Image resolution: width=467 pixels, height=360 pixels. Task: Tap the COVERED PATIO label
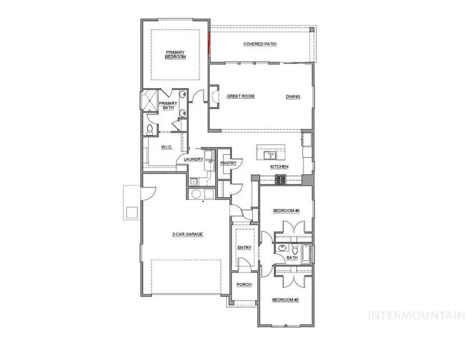pyautogui.click(x=260, y=44)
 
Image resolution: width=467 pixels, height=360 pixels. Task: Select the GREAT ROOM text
pyautogui.click(x=240, y=96)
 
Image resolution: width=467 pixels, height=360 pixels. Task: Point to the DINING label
pyautogui.click(x=293, y=96)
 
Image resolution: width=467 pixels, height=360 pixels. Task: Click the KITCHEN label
pyautogui.click(x=279, y=167)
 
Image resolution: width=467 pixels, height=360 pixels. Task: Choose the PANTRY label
pyautogui.click(x=228, y=163)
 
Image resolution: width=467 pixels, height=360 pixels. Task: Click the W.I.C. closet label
pyautogui.click(x=166, y=147)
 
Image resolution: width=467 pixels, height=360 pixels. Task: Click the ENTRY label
pyautogui.click(x=244, y=248)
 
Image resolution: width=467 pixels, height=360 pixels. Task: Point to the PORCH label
pyautogui.click(x=244, y=285)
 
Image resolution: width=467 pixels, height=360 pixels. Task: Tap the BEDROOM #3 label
pyautogui.click(x=286, y=211)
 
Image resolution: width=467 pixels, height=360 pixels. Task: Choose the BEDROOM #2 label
pyautogui.click(x=286, y=300)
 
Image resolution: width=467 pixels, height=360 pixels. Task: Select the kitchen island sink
pyautogui.click(x=270, y=155)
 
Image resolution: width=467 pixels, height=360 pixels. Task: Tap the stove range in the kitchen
pyautogui.click(x=281, y=179)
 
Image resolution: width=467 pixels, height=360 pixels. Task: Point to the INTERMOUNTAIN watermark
pyautogui.click(x=416, y=315)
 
